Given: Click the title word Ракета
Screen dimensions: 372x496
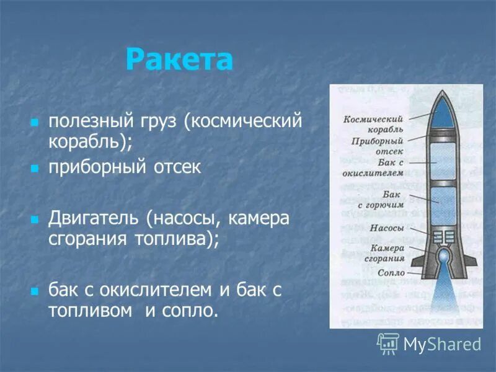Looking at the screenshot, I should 179,60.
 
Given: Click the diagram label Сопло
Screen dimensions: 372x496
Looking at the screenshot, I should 391,273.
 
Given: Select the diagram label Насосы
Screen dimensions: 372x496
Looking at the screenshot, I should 387,228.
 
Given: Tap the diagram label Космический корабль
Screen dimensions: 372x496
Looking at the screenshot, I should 374,124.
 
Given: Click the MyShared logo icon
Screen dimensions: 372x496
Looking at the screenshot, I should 388,343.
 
